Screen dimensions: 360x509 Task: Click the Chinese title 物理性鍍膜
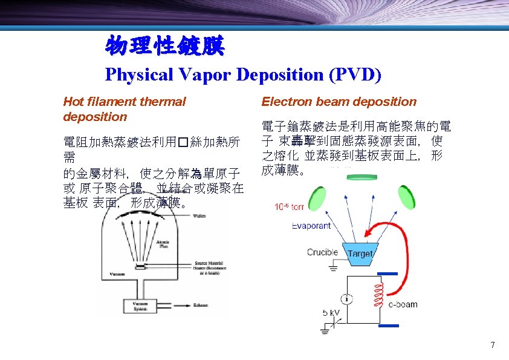tap(164, 46)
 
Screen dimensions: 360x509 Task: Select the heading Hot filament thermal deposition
tap(124, 109)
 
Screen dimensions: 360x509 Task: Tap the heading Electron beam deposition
tap(339, 102)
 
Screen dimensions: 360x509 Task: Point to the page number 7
tap(493, 345)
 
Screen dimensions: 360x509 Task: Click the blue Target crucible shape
tap(360, 254)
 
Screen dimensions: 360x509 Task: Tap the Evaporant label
tap(311, 226)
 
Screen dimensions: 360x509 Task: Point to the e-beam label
tap(403, 304)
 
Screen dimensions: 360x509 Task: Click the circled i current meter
tap(346, 299)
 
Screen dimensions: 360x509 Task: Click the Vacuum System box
tap(140, 306)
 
